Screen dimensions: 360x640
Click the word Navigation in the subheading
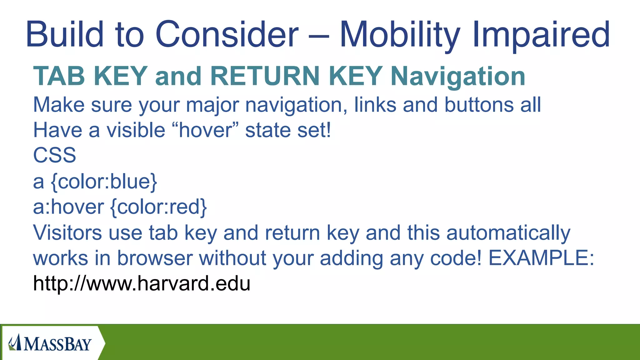pos(458,77)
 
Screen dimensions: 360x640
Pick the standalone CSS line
pos(55,155)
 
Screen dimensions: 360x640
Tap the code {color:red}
pos(158,207)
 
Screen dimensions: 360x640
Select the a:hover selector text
pos(68,207)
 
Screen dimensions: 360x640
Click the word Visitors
pos(67,232)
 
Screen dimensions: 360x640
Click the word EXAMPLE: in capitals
pos(541,258)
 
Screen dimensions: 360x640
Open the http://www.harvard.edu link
pos(142,284)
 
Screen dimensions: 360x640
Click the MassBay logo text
pos(57,344)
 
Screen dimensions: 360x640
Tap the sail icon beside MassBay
pos(14,343)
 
